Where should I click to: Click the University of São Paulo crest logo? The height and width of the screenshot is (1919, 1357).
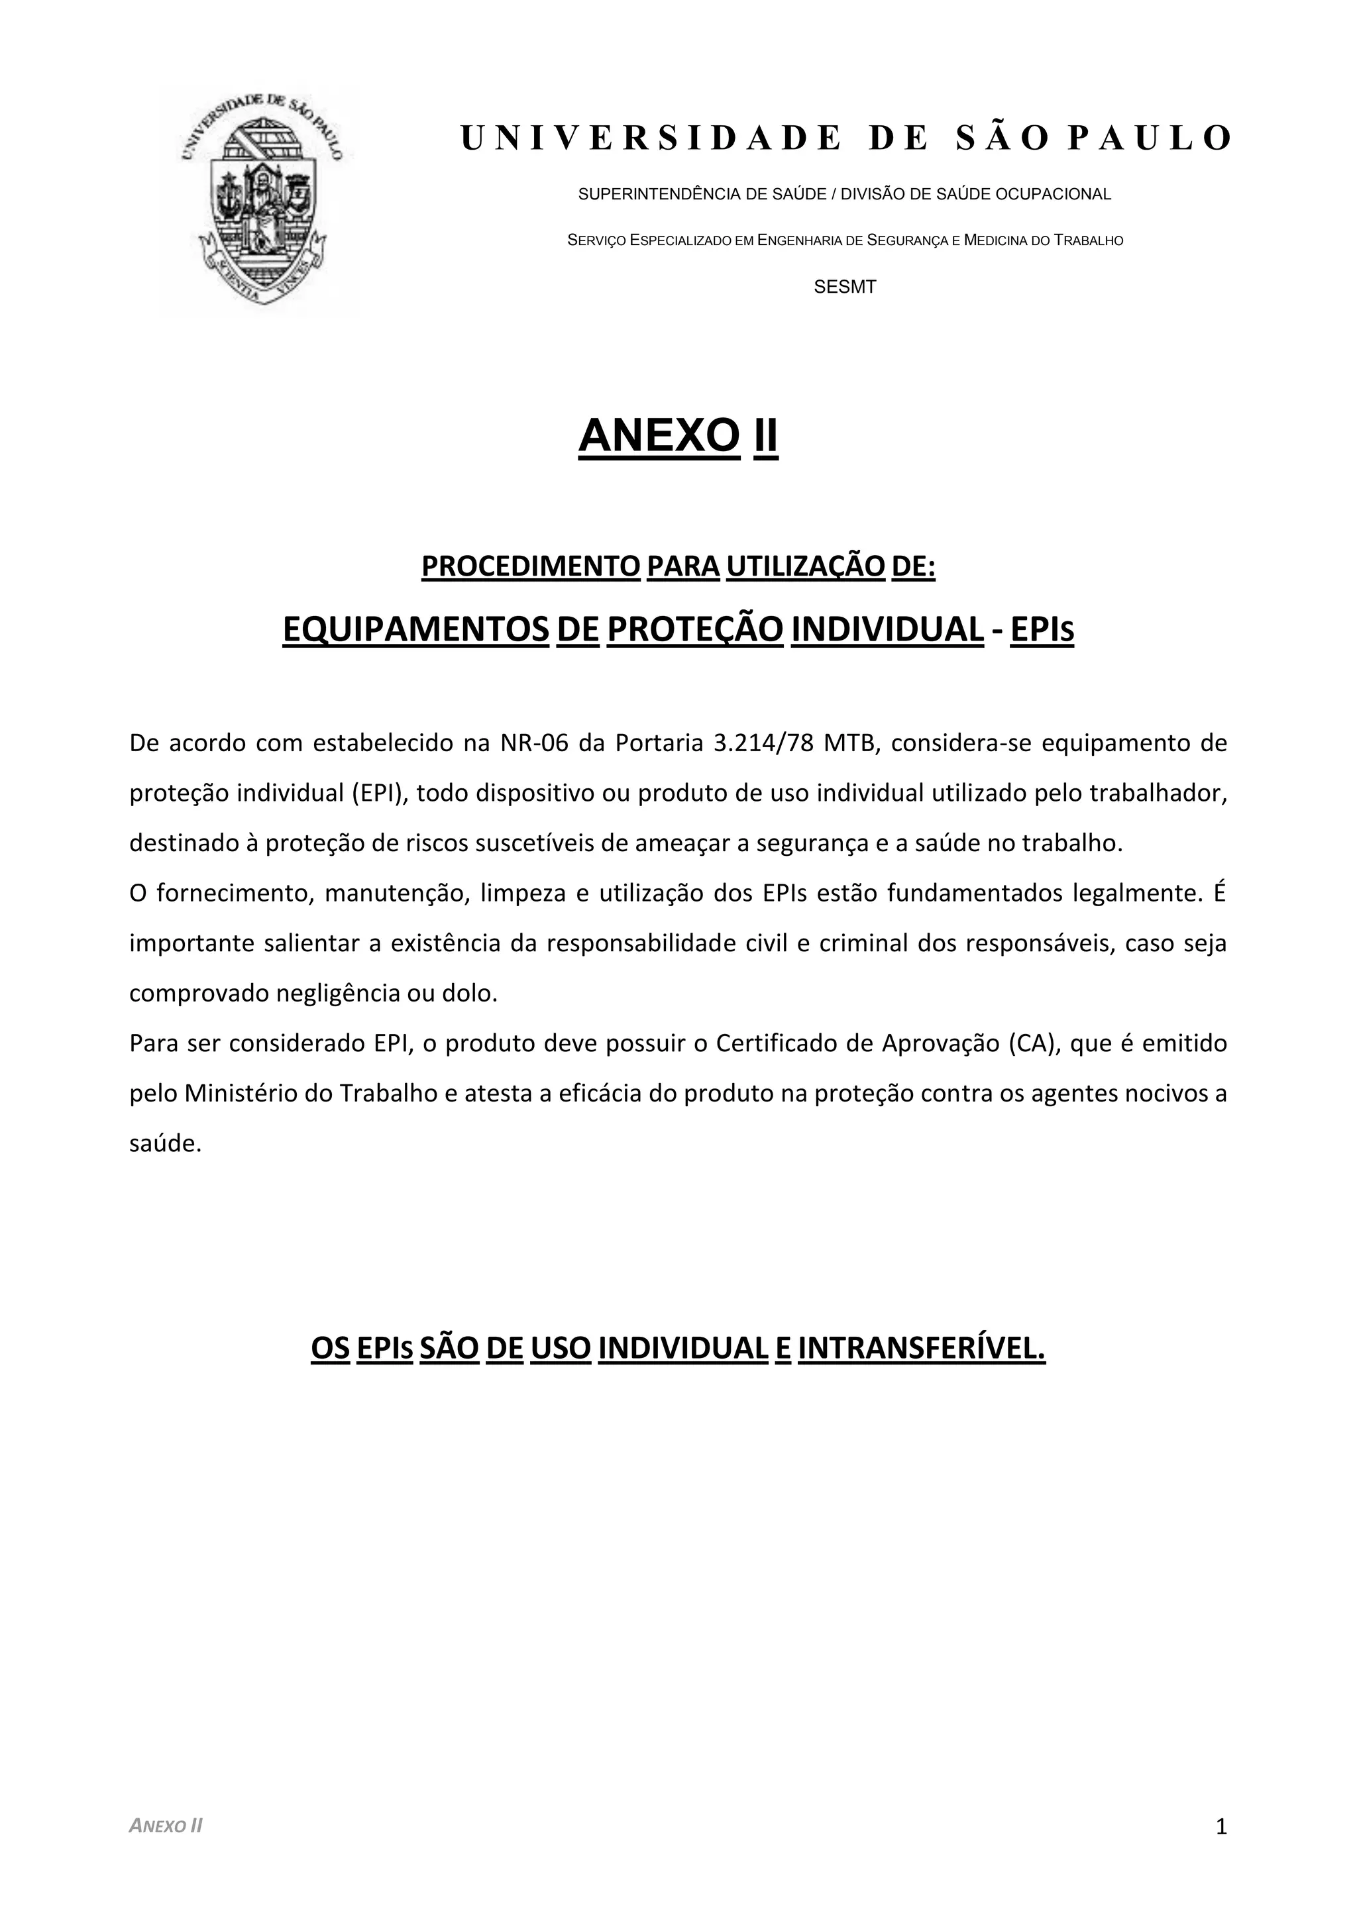tap(262, 200)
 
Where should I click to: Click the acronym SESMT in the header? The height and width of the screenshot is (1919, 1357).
tap(844, 287)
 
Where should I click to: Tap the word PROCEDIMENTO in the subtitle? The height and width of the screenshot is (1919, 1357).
tap(530, 566)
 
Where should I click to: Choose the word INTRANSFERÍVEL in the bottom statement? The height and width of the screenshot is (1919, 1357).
tap(922, 1348)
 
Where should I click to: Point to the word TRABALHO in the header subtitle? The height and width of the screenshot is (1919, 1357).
tap(1088, 240)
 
